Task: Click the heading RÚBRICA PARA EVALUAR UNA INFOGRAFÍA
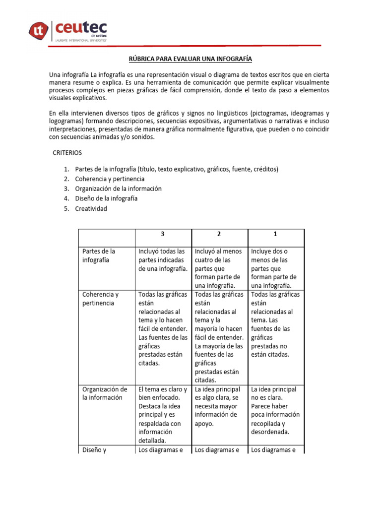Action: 190,59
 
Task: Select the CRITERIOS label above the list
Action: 67,153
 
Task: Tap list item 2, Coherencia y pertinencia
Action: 110,179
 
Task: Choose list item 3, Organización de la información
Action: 118,189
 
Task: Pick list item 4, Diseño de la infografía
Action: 106,198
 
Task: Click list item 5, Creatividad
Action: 91,208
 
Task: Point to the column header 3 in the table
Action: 163,234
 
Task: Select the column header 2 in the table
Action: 219,234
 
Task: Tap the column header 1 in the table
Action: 275,234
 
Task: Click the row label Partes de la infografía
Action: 99,255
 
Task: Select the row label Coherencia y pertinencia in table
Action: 101,299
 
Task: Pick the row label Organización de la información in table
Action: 105,393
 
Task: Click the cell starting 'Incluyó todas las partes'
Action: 162,260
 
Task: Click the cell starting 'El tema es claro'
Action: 163,414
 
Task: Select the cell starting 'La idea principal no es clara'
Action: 275,410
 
